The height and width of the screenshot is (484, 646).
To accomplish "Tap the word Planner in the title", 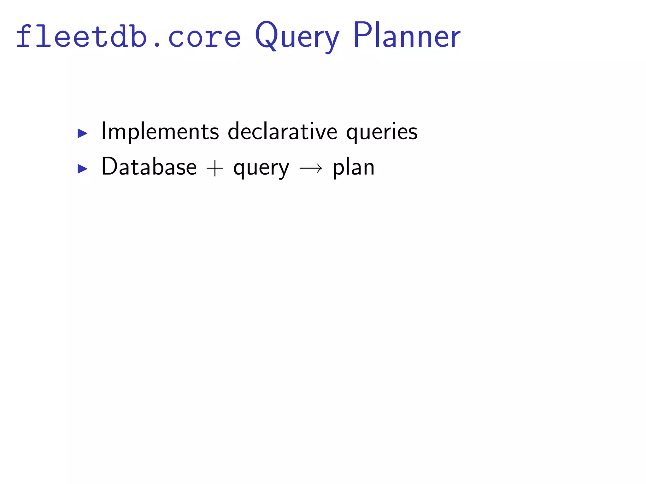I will tap(407, 35).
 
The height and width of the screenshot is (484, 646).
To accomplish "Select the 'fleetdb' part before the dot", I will tap(81, 37).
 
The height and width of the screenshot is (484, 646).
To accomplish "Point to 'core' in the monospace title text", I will tap(204, 38).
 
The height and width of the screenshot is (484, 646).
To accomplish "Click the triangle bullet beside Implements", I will tap(82, 133).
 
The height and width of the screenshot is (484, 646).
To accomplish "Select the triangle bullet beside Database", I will tap(82, 169).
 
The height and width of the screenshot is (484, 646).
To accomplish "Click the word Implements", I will tap(160, 132).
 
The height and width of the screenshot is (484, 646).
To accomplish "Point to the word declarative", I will tap(283, 131).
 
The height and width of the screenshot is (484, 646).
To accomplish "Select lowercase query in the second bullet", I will tap(261, 169).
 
